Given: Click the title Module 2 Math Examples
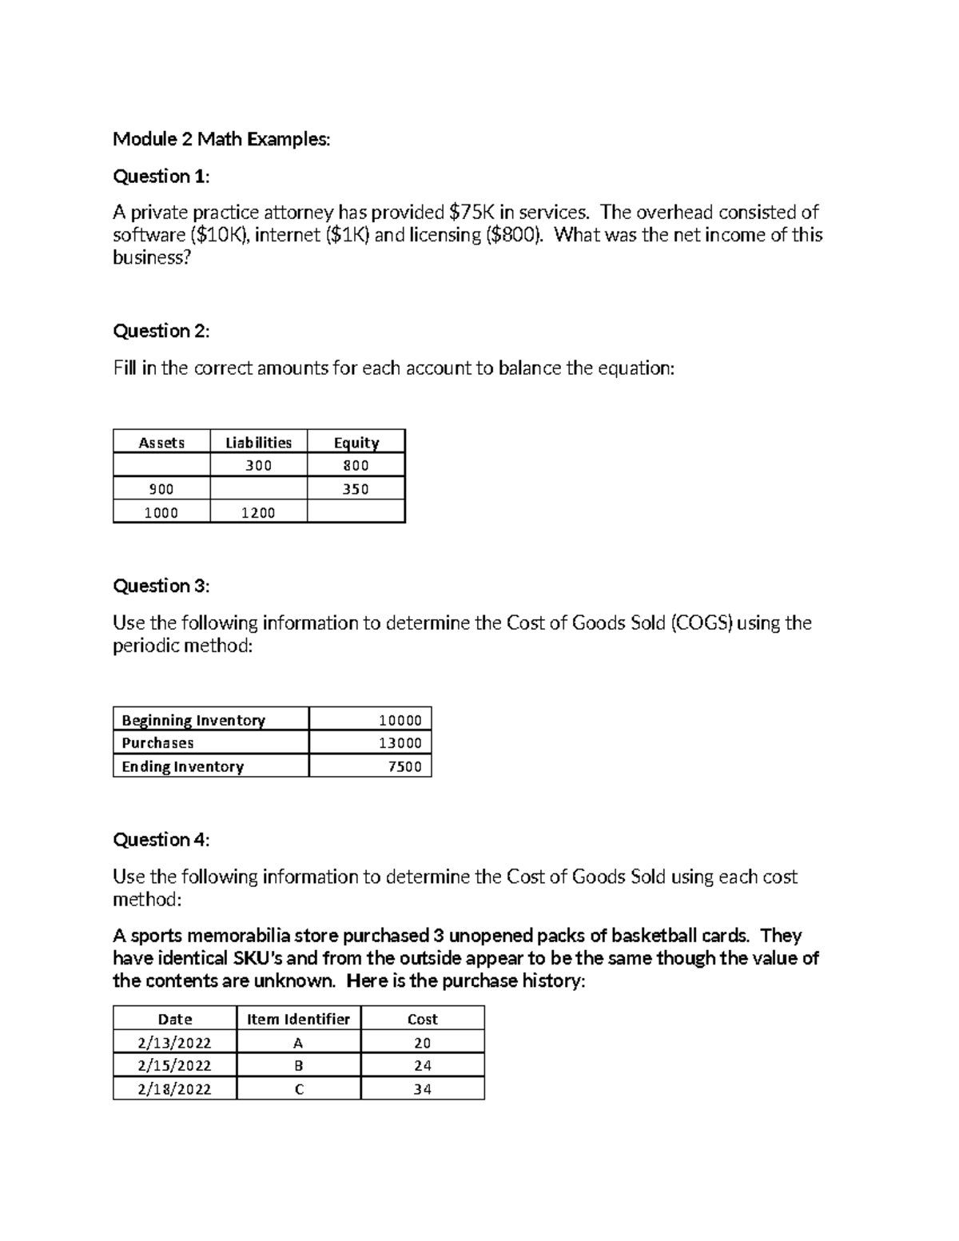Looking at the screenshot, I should (221, 139).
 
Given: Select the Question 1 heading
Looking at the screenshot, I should (161, 176).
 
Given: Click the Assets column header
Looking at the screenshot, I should (161, 443).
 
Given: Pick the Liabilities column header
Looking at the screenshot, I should (258, 443).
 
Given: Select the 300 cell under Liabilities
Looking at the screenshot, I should (258, 466).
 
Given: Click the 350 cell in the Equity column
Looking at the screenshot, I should (356, 489).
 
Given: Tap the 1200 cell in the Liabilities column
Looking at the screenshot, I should (258, 513).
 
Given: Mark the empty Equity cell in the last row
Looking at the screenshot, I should (356, 512).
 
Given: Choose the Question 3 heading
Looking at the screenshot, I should (161, 586).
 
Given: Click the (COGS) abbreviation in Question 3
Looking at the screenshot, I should (702, 623).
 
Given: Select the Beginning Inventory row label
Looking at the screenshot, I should (193, 720).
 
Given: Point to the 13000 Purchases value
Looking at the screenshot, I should (400, 743).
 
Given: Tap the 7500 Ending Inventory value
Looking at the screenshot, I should (404, 766).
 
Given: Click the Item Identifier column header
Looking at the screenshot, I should (298, 1019).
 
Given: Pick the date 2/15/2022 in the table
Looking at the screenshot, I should (174, 1065).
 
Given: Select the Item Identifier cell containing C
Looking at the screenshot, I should (299, 1089).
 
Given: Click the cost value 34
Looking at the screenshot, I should (422, 1089).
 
